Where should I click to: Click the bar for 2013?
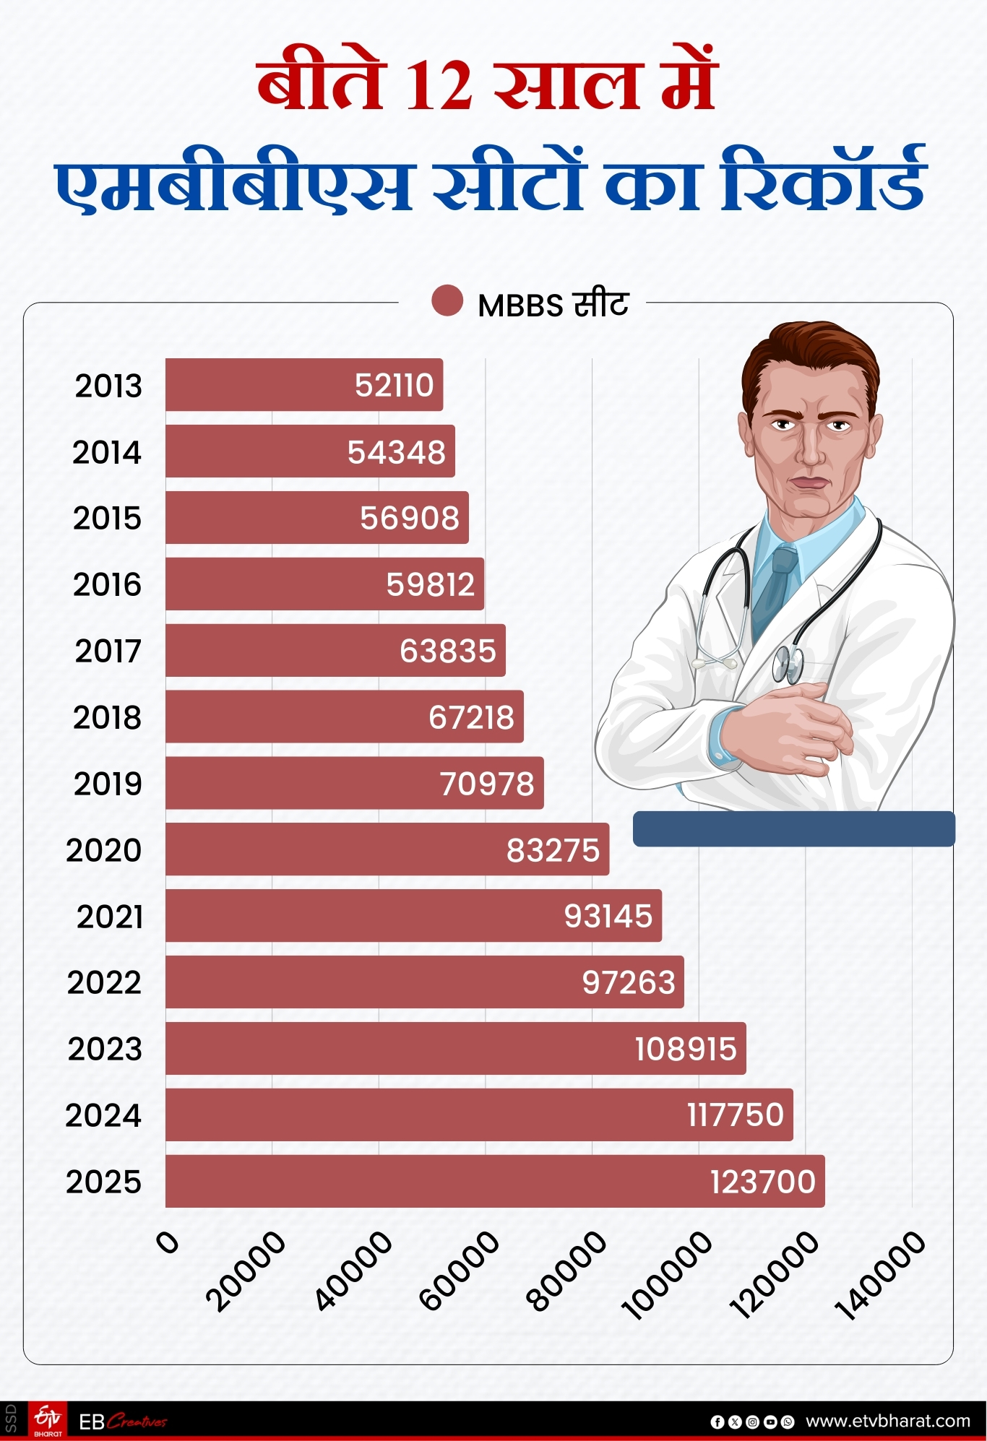(x=303, y=385)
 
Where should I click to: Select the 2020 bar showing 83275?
(x=387, y=849)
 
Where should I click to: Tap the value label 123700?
(x=762, y=1182)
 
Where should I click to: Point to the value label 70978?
(x=487, y=784)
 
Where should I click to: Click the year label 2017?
(x=108, y=651)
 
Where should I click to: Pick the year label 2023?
(x=105, y=1049)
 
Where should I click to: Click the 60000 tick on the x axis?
(x=460, y=1271)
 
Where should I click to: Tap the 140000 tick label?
(x=880, y=1276)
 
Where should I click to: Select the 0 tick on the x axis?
(x=167, y=1242)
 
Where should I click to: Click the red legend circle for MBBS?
(x=447, y=301)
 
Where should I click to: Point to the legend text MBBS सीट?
(x=553, y=305)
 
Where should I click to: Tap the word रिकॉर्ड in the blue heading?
(x=824, y=181)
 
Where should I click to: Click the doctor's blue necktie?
(x=775, y=585)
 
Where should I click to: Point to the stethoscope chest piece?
(x=787, y=663)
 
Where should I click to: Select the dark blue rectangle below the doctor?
(x=793, y=828)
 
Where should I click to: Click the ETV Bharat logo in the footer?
(x=48, y=1421)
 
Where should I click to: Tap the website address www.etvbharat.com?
(x=888, y=1421)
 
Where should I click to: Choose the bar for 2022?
(x=424, y=982)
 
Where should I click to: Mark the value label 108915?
(x=685, y=1049)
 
